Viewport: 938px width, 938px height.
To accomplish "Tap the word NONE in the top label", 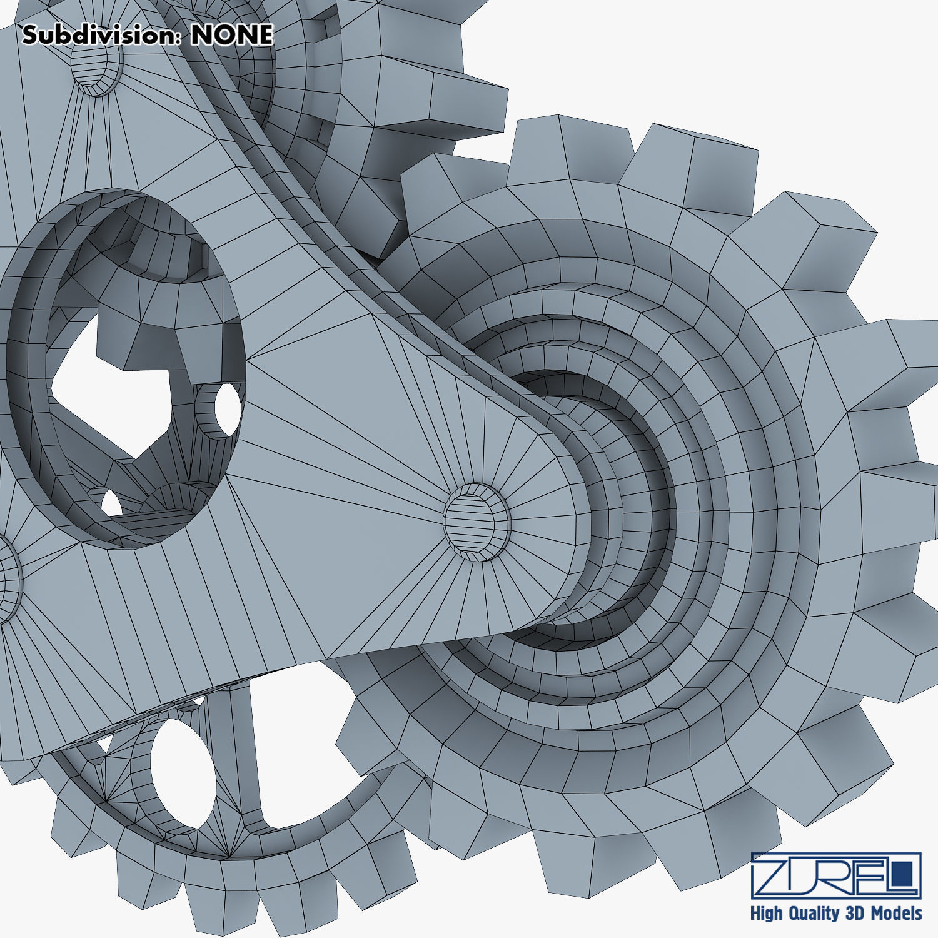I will [232, 35].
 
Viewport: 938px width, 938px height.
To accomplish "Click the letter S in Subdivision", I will [30, 35].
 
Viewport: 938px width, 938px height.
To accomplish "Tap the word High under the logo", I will [765, 914].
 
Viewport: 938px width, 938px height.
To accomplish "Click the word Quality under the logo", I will [814, 914].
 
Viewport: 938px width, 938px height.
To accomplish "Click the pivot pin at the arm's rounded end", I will [477, 521].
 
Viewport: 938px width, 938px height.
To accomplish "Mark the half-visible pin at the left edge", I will [8, 578].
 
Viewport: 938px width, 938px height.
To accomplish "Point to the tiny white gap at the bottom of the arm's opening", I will [111, 503].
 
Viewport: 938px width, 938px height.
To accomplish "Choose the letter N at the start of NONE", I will [201, 35].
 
